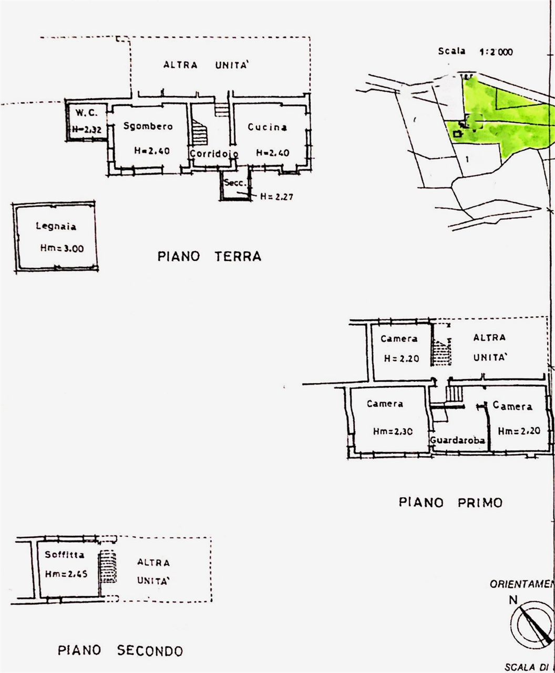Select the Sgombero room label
tap(148, 126)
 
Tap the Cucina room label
tap(268, 127)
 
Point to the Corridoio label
tap(214, 154)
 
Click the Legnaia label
tap(56, 227)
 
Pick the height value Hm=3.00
tap(61, 249)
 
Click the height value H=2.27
tap(276, 197)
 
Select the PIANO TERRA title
tap(209, 257)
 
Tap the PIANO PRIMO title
tap(450, 502)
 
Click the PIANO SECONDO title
tap(120, 651)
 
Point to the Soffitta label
tap(64, 555)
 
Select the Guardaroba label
tap(457, 441)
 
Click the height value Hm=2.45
tap(66, 574)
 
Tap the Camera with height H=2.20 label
tap(399, 339)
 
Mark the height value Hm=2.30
tap(393, 431)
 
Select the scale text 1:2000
tap(496, 52)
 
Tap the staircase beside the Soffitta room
tap(108, 566)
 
